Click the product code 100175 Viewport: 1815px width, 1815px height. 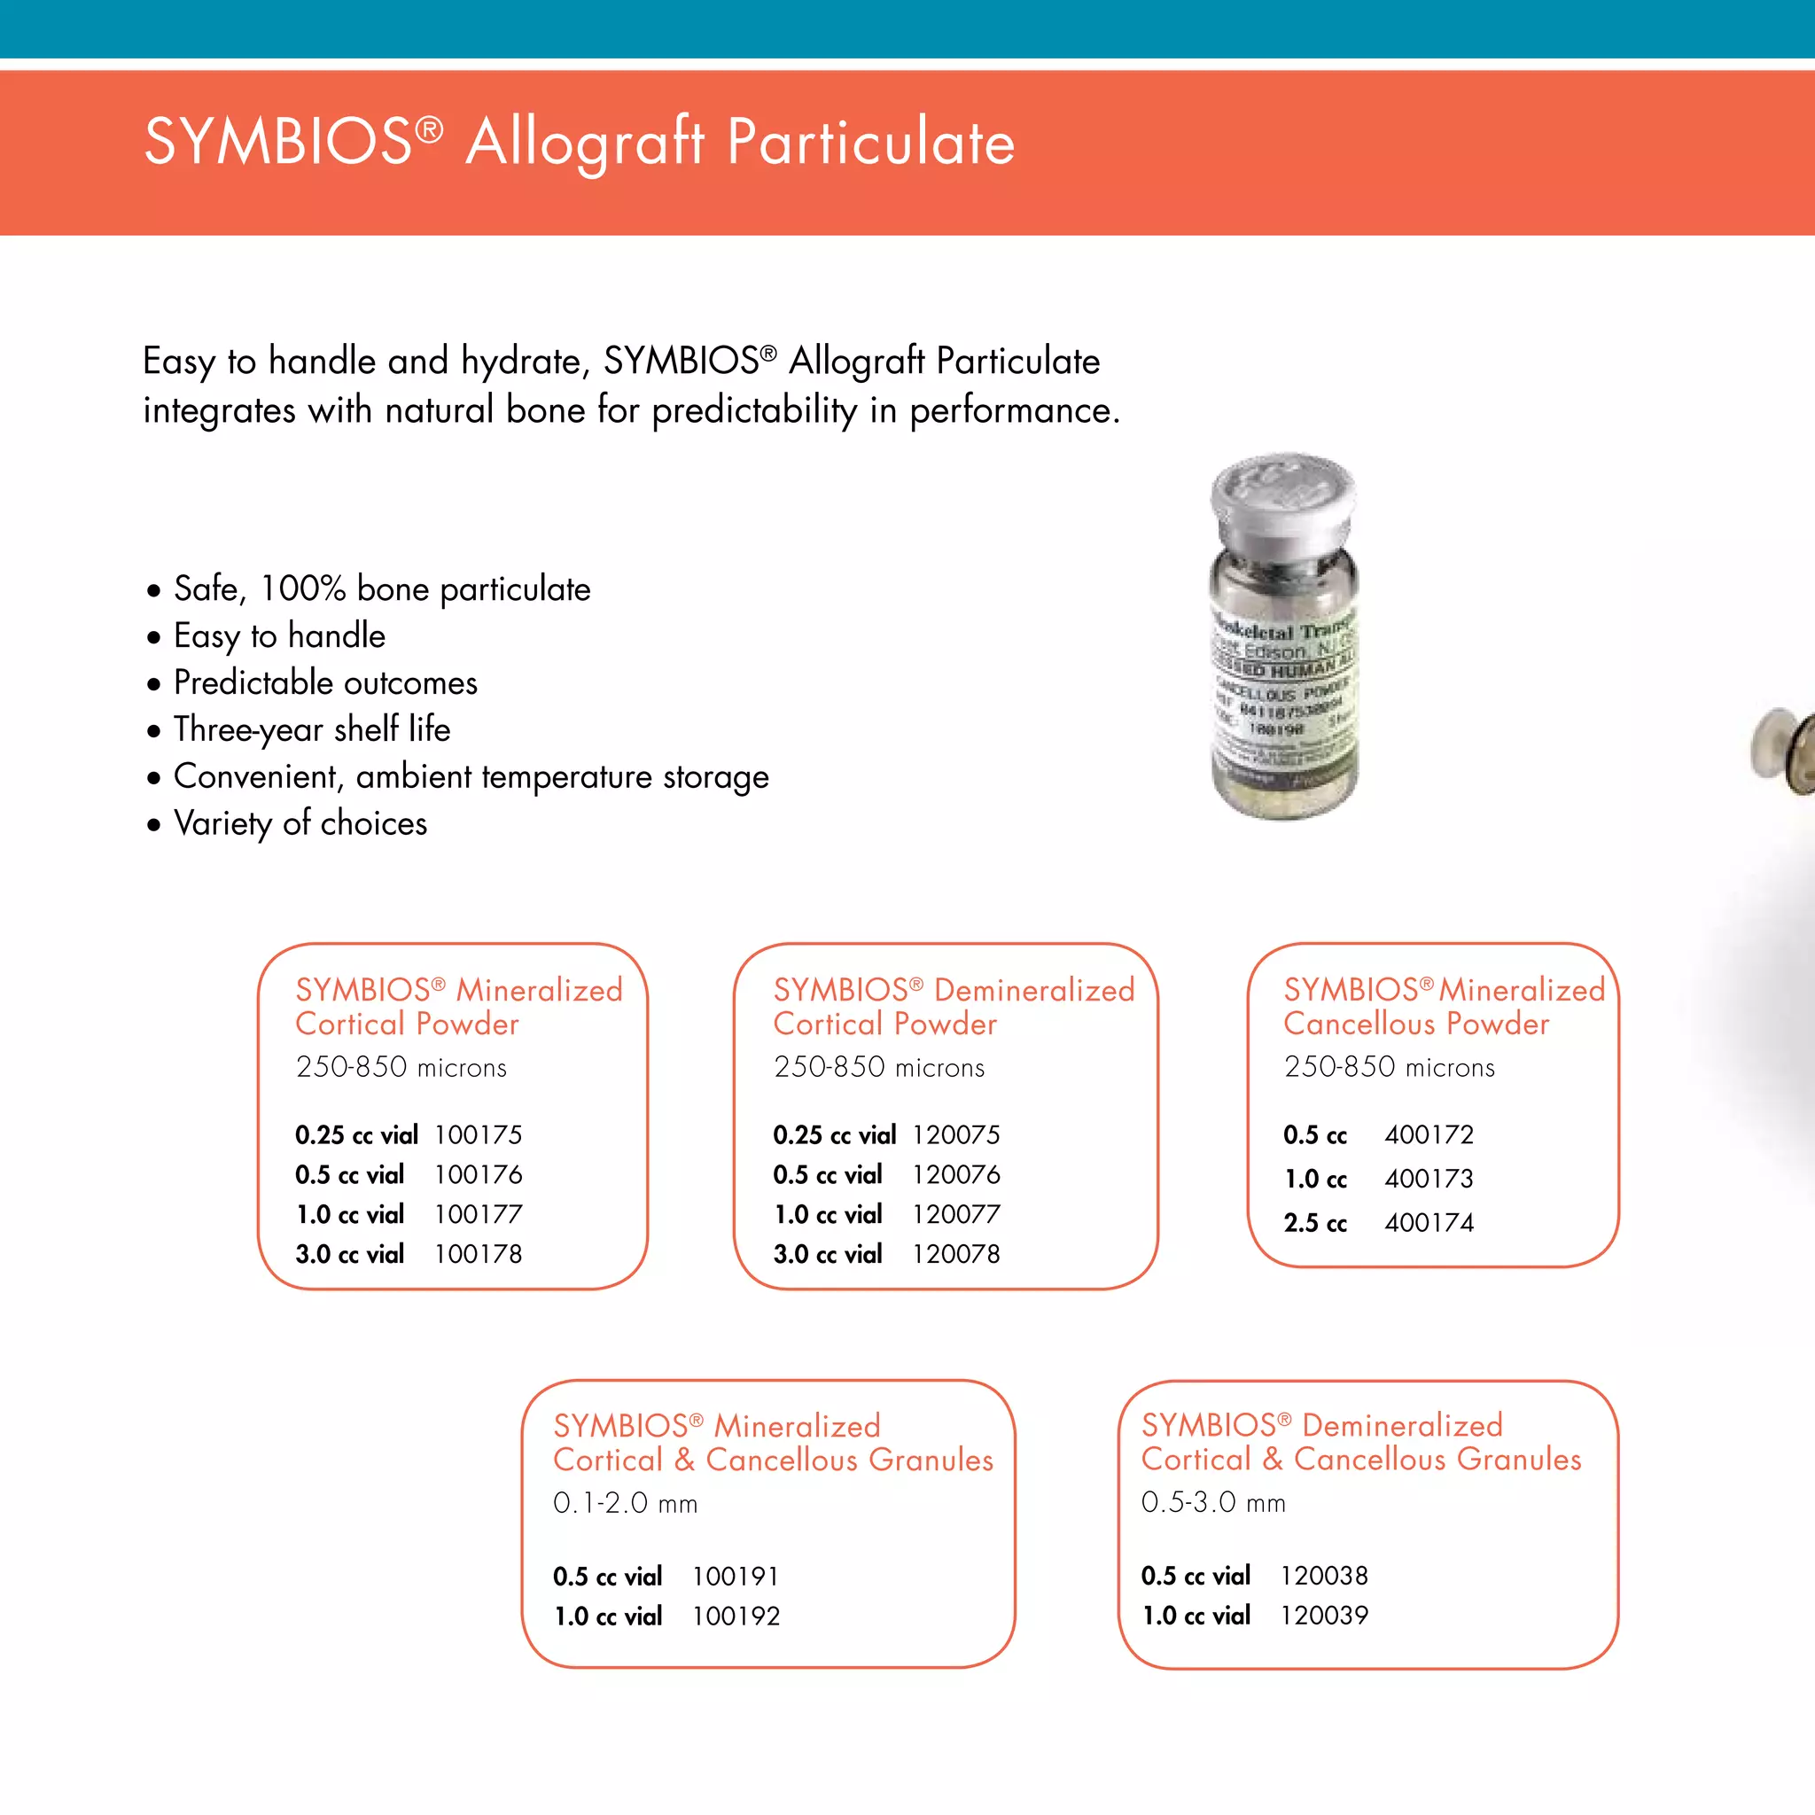tap(478, 1135)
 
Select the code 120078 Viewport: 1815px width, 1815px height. tap(955, 1254)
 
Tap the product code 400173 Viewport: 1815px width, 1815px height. tap(1428, 1179)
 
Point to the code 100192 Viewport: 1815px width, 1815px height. tap(736, 1616)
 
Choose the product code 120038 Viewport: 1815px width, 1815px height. tap(1324, 1576)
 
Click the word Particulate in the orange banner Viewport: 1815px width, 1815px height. tap(871, 143)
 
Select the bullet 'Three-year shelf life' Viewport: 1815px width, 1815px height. tap(311, 730)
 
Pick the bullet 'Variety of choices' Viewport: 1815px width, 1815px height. tap(300, 824)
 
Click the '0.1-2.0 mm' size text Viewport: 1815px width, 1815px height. tap(625, 1503)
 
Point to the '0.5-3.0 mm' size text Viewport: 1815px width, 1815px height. tap(1213, 1502)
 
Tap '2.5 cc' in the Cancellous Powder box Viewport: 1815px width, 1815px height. tap(1314, 1223)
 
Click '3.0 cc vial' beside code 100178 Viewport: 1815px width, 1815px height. tap(349, 1254)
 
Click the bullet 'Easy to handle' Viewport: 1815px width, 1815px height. tap(279, 636)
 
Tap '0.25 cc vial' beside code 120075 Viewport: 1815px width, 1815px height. tap(834, 1135)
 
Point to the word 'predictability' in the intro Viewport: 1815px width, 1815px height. tap(754, 410)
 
